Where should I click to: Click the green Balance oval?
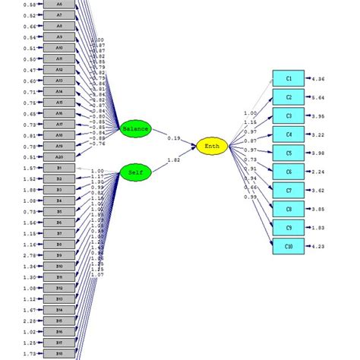tap(136, 128)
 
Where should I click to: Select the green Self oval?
tap(136, 173)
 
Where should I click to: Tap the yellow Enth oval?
tap(211, 146)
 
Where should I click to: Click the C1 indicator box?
tap(289, 79)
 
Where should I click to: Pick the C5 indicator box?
tap(289, 153)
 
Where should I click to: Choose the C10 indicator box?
tap(289, 245)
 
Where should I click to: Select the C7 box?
tap(289, 190)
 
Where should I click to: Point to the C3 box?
tap(289, 116)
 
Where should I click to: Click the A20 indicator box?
tap(59, 156)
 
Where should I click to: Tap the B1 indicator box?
tap(59, 168)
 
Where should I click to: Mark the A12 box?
tap(59, 69)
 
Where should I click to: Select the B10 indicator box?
tap(59, 267)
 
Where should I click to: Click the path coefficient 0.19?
tap(175, 138)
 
